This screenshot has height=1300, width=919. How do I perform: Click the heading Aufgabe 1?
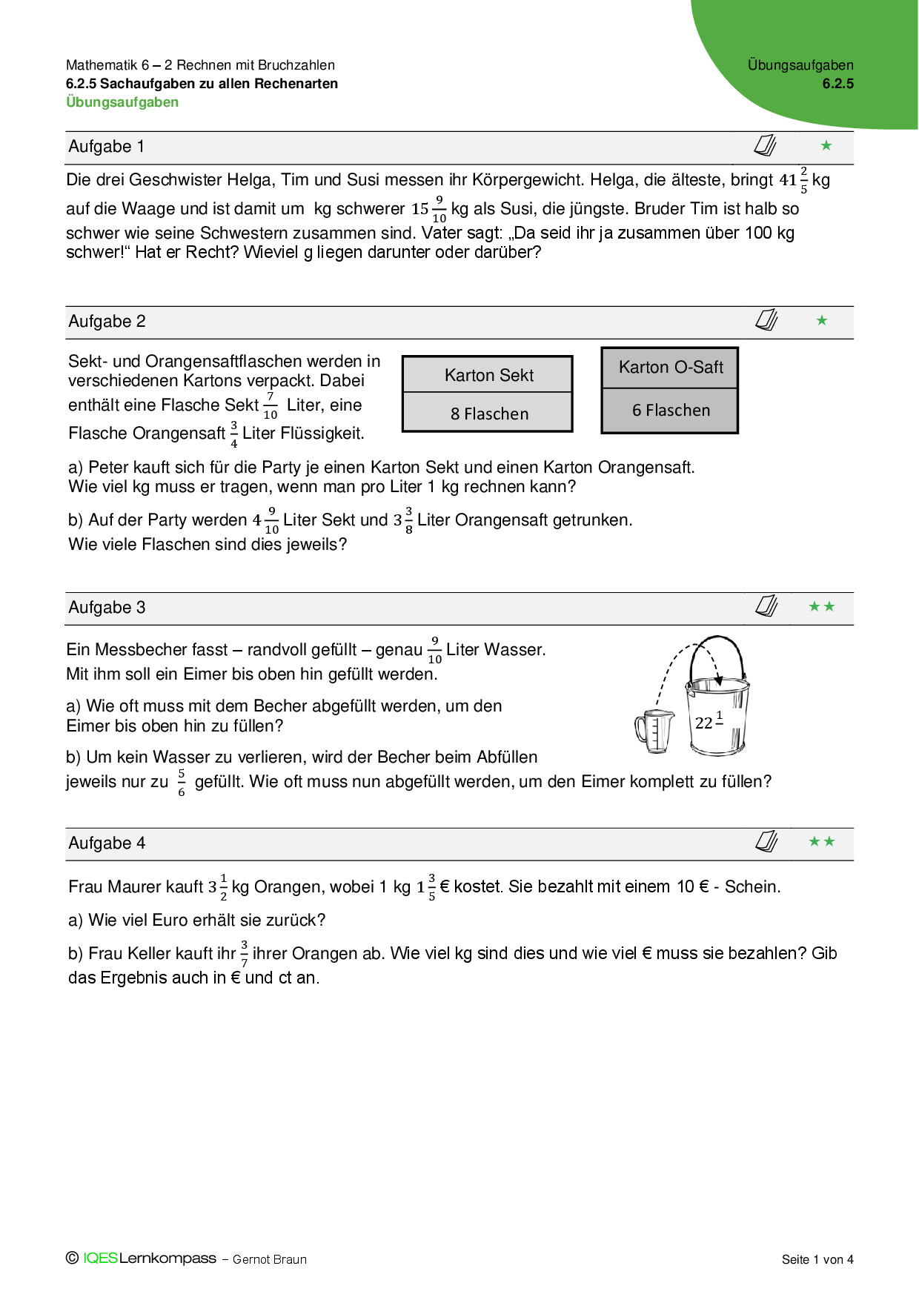106,147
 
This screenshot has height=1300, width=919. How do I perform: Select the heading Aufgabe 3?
107,608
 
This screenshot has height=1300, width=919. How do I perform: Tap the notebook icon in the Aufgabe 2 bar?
766,320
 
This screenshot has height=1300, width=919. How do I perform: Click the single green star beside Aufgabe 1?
826,146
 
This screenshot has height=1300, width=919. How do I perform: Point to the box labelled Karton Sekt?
488,375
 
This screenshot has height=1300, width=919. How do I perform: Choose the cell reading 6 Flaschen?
671,411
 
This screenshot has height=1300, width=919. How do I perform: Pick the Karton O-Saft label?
671,368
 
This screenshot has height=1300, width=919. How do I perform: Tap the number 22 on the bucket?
704,723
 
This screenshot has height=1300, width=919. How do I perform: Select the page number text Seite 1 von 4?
817,1259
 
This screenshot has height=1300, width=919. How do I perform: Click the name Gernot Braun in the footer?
270,1259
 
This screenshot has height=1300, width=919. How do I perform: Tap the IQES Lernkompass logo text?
150,1258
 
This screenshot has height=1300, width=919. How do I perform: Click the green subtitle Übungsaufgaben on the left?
122,102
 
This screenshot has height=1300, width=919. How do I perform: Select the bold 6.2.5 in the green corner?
837,84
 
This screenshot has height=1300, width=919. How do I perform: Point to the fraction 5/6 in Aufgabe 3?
182,783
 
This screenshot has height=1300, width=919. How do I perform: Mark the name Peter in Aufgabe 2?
107,468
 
